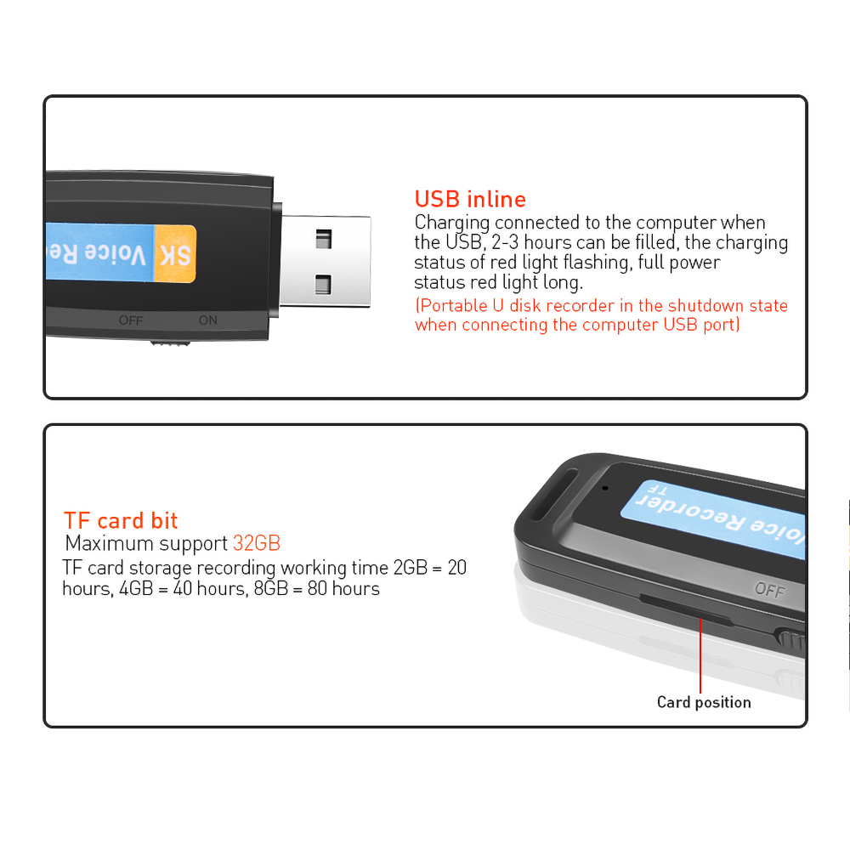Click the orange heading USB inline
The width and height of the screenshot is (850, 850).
tap(470, 200)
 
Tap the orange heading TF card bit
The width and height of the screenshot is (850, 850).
tap(121, 521)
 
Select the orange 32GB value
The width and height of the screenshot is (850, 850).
tap(257, 544)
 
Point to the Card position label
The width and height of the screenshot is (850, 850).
tap(704, 702)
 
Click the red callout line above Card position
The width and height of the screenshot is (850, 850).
tap(700, 654)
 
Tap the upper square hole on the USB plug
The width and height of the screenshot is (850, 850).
tap(323, 239)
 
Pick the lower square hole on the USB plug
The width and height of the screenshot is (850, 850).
tap(323, 283)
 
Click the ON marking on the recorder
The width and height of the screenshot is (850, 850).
tap(207, 320)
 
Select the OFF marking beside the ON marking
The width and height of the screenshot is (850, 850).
tap(131, 320)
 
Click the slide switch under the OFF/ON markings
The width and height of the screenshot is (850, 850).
tap(170, 344)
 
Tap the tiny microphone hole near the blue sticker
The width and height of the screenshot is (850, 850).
tap(605, 488)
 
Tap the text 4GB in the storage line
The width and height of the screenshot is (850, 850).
tap(132, 588)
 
